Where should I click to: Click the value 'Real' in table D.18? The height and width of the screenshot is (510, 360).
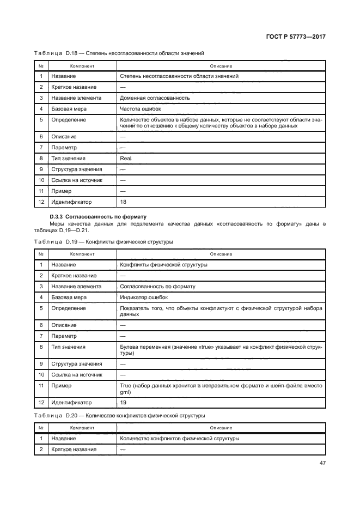[x=125, y=158]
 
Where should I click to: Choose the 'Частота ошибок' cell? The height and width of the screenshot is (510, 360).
[x=137, y=109]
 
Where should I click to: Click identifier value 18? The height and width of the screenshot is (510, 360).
[x=123, y=202]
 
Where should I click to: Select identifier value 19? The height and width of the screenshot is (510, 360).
[x=123, y=403]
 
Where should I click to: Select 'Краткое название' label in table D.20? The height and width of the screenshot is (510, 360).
[x=74, y=449]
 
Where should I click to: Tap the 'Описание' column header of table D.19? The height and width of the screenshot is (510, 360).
[x=221, y=254]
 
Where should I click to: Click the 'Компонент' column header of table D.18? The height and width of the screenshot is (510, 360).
[x=81, y=66]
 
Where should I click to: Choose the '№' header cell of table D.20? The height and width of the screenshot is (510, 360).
[x=41, y=428]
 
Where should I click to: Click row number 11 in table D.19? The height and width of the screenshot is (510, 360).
[x=41, y=385]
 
